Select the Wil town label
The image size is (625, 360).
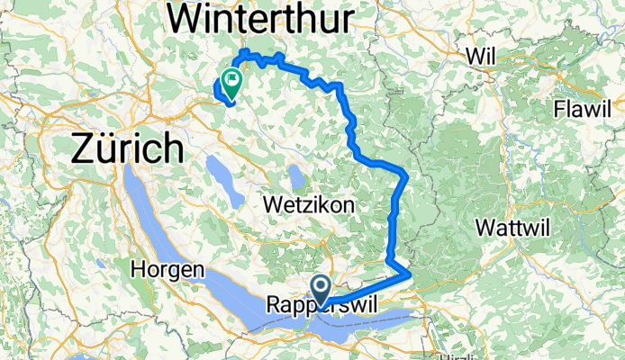(482, 57)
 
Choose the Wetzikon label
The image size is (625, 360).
(309, 205)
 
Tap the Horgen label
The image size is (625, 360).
(168, 269)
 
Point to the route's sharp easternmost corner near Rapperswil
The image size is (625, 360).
(411, 272)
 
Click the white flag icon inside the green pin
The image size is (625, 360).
(232, 78)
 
